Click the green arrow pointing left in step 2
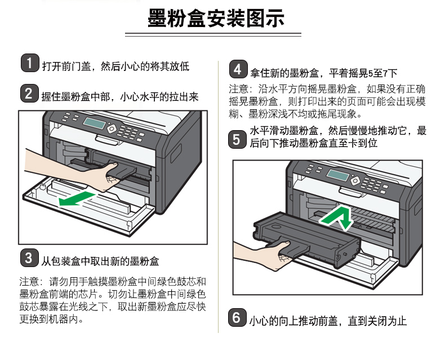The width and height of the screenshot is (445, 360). coord(77,198)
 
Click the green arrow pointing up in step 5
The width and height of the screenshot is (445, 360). coord(337,216)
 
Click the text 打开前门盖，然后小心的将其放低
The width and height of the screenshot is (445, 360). coord(115,66)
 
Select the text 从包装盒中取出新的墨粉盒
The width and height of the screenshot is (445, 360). coord(100,261)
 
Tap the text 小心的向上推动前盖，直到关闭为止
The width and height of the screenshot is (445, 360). coord(328,321)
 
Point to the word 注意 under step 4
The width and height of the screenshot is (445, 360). coord(239,89)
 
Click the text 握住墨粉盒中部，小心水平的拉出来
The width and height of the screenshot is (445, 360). coord(120,96)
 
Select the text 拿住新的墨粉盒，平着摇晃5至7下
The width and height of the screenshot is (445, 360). coord(324,73)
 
